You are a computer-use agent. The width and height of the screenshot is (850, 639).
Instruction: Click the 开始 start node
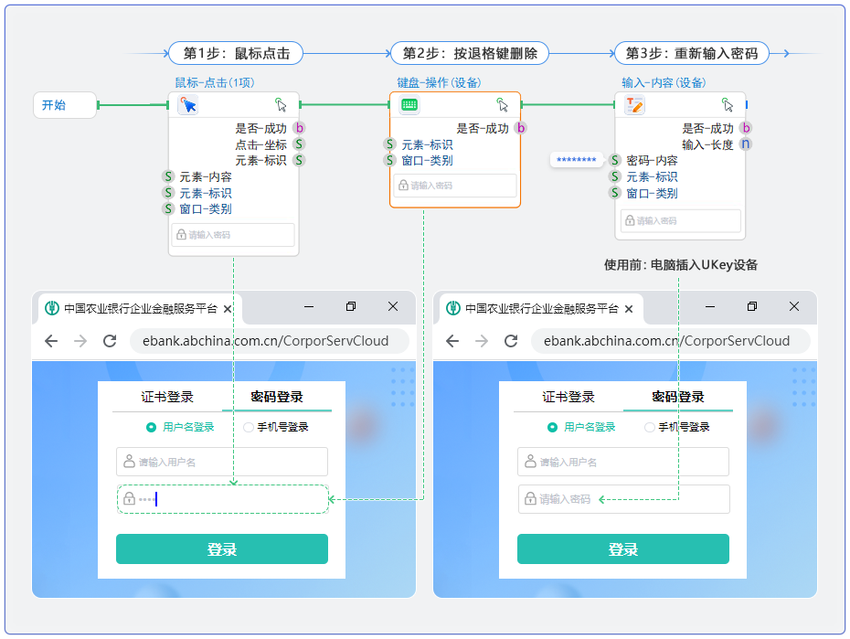point(63,105)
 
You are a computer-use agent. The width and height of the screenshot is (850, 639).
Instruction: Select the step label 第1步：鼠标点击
point(236,53)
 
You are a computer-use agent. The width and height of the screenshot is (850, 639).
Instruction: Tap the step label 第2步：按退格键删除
point(470,53)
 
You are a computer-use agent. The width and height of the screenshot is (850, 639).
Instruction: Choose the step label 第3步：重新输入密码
point(691,53)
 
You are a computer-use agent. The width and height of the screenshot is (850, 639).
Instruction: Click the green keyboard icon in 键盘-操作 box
point(409,105)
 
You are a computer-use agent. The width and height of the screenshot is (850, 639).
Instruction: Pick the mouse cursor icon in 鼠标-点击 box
point(188,105)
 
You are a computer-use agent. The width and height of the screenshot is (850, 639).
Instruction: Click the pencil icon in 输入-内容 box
point(634,105)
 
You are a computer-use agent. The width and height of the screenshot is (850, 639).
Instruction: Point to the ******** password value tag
point(577,161)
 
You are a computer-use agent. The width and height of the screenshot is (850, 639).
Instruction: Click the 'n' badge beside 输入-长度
point(746,144)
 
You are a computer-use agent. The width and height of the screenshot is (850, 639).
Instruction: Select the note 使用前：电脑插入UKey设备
point(681,265)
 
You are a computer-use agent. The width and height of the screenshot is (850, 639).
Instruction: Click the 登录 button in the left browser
point(222,549)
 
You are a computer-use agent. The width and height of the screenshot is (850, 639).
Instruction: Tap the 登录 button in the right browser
point(623,549)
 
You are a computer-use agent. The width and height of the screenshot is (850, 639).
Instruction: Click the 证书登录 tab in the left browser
point(167,398)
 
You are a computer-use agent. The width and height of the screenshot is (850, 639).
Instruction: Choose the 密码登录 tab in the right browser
point(678,398)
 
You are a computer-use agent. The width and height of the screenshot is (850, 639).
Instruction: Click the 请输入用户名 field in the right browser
point(623,462)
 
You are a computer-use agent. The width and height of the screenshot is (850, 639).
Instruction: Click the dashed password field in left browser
point(222,499)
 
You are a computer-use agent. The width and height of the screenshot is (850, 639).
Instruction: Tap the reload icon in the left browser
point(110,341)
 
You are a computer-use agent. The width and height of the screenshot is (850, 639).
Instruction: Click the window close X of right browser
point(794,307)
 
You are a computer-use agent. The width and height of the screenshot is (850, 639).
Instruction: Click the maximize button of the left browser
point(351,307)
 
